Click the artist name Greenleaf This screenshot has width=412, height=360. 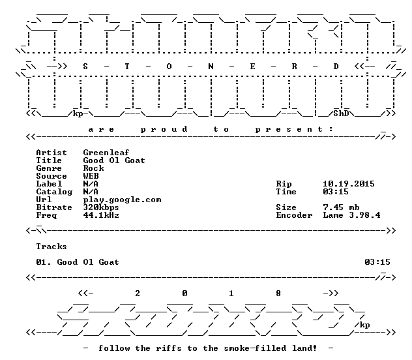coord(106,153)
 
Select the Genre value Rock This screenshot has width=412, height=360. coord(93,168)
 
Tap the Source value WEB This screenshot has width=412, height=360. coord(91,176)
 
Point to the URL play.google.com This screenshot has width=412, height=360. coord(122,200)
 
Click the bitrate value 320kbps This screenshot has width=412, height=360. coord(101,207)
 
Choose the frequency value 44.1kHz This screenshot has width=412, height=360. coord(101,215)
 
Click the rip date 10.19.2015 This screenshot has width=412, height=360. coord(349,184)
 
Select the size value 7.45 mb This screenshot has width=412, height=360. coord(341,207)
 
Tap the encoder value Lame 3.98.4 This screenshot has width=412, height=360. coord(351,215)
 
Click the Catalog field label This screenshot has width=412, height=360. coord(54,192)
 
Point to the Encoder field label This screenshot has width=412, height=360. coord(294,215)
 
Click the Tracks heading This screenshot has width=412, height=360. coord(51,247)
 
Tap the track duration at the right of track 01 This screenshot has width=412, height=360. coord(377,262)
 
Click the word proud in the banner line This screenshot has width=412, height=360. coord(164,129)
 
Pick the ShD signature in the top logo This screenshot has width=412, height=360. coord(341,113)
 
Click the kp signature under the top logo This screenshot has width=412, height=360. coord(78,114)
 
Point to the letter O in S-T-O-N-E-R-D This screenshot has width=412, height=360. coord(169,67)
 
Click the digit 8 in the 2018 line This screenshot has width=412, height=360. coord(278,293)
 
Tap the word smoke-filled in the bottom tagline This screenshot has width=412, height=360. coord(255,348)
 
